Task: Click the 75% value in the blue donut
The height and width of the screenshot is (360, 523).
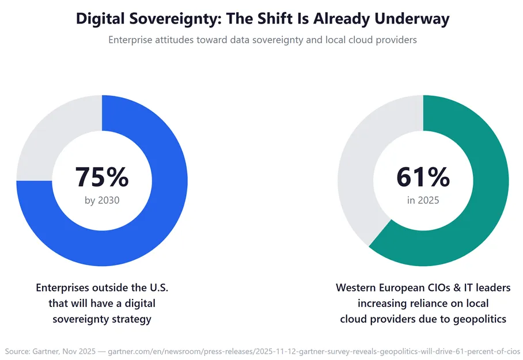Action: tap(102, 177)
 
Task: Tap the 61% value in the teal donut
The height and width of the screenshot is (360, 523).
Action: tap(423, 177)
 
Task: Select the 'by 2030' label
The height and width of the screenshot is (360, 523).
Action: tap(102, 200)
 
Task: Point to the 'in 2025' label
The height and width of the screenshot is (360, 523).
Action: tap(423, 200)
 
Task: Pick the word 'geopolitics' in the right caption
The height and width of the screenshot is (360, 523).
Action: tap(475, 319)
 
